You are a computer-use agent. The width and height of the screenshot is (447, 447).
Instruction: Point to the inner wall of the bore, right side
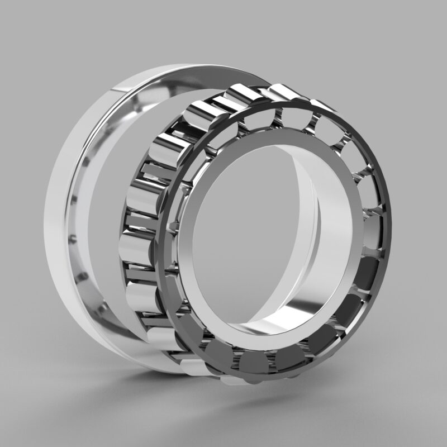(330, 235)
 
